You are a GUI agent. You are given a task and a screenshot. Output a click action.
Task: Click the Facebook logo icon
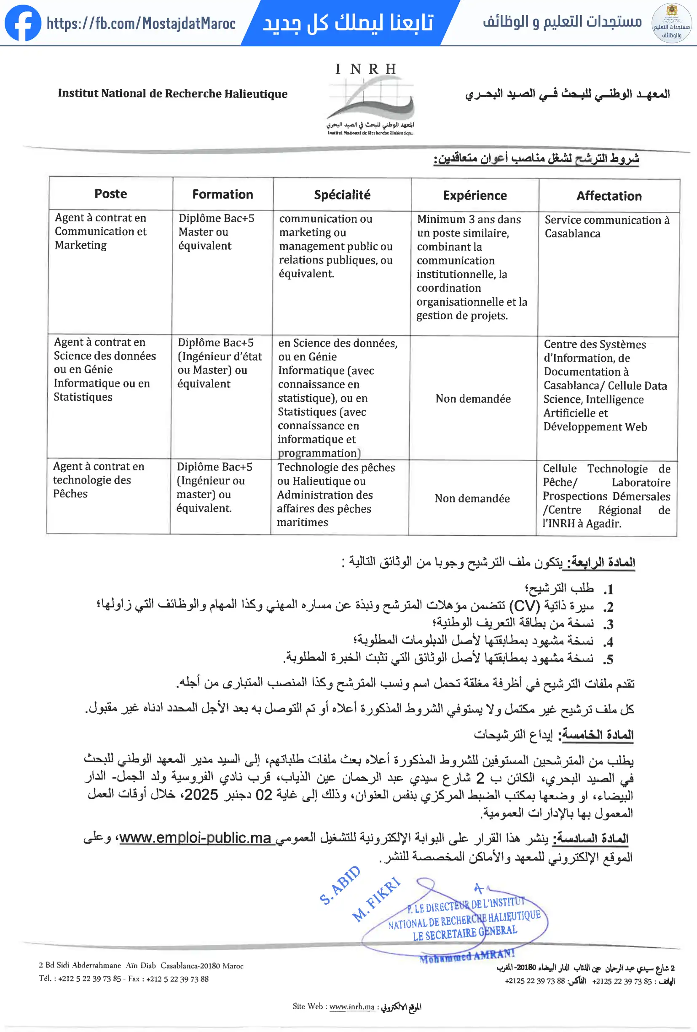click(x=23, y=23)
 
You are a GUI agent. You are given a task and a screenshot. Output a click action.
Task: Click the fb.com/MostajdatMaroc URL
click(x=141, y=23)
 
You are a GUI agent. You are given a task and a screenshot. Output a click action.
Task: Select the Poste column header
click(x=110, y=193)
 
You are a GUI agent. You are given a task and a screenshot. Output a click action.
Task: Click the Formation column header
click(x=223, y=194)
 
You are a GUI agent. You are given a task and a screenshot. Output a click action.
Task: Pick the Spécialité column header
click(x=342, y=195)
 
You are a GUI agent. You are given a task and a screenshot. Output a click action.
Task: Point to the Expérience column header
click(x=474, y=195)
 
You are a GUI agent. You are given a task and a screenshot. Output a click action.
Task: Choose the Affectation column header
click(x=609, y=196)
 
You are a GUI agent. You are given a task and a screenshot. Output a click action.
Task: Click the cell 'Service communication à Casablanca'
click(x=606, y=226)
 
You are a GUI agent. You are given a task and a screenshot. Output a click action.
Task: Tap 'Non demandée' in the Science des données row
click(x=473, y=398)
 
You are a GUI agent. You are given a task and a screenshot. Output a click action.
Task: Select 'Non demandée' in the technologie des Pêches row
click(x=472, y=498)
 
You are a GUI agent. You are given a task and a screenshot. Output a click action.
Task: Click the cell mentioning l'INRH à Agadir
click(x=606, y=496)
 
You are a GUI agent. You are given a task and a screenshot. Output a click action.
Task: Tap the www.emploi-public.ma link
click(x=196, y=838)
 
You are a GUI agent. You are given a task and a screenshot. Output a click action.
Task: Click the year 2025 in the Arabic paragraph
click(x=201, y=794)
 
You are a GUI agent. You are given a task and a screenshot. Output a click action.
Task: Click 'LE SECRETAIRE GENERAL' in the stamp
click(x=465, y=933)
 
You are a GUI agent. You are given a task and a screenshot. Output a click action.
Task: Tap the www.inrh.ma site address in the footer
click(x=351, y=1006)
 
